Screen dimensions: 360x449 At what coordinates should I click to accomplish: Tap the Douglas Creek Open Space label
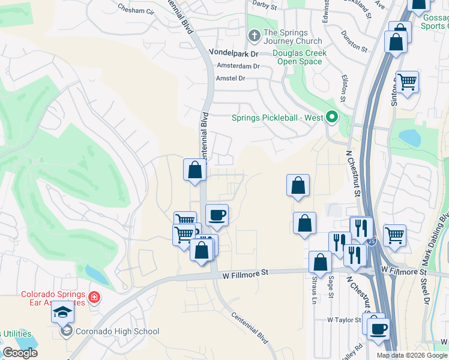click(300, 58)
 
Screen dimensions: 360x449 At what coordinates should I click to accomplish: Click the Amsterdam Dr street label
click(238, 66)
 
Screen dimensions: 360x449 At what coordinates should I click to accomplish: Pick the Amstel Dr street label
click(231, 79)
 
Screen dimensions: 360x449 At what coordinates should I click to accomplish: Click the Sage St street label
click(331, 286)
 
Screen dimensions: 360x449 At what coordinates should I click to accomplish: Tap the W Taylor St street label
click(343, 320)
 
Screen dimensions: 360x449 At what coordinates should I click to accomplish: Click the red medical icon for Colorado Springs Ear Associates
click(94, 297)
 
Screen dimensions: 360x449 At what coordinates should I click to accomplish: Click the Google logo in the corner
click(20, 353)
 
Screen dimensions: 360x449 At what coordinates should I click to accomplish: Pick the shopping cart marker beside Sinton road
click(407, 82)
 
